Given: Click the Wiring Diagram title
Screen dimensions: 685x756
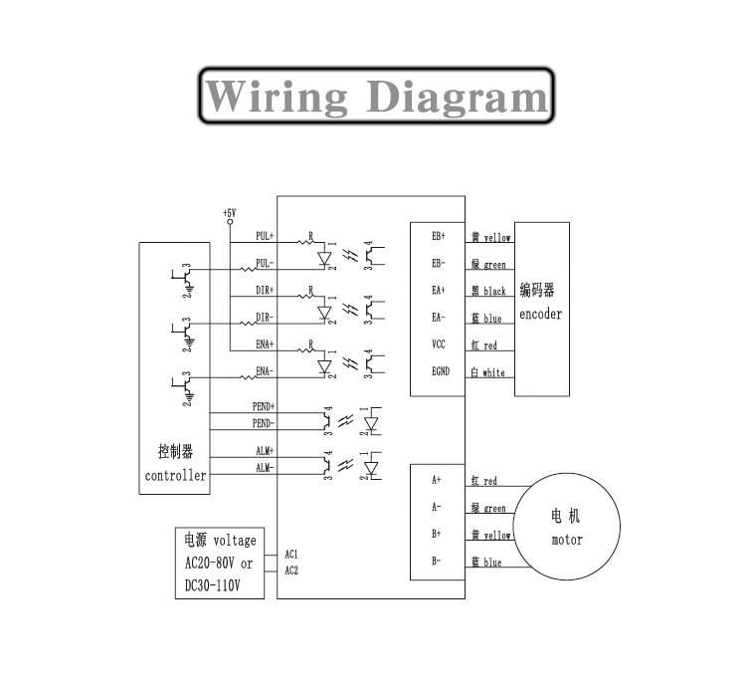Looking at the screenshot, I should tap(376, 97).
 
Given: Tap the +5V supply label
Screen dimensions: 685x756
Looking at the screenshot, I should tap(229, 213).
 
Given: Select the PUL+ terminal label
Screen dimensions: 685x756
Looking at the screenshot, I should tap(265, 236).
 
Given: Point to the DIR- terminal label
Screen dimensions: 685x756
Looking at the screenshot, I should tap(265, 318).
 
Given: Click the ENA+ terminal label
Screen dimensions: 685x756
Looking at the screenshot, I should tap(265, 344).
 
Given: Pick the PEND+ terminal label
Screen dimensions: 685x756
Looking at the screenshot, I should tap(264, 407).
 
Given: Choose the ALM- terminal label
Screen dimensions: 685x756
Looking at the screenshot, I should tap(265, 467).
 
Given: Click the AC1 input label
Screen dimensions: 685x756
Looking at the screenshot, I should tap(291, 554).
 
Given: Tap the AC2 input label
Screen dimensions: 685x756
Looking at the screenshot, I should tap(291, 571).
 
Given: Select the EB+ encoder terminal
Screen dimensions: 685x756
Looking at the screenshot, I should tap(439, 237).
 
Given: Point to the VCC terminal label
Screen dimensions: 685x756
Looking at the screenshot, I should tap(439, 344).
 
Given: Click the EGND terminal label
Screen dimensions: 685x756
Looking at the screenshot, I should tap(439, 371).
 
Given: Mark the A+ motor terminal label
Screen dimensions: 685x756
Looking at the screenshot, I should tap(437, 480).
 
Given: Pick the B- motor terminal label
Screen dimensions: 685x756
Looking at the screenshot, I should tap(437, 562).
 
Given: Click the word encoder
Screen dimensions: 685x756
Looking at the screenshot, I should tap(540, 315).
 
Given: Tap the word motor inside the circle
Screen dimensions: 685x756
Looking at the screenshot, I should tap(567, 541).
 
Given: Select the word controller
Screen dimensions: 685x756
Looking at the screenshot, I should tap(175, 476).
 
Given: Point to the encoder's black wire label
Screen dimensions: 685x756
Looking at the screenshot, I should tap(494, 292).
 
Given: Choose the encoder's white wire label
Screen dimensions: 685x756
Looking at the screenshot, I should tap(493, 372).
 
